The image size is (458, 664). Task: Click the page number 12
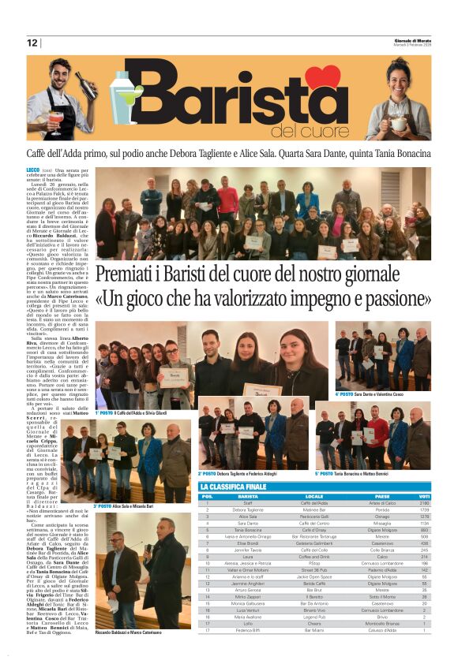point(32,43)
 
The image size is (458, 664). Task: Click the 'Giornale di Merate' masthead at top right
point(412,41)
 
